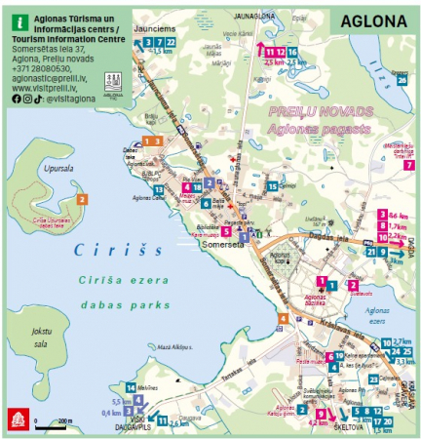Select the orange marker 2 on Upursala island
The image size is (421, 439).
pyautogui.click(x=83, y=199)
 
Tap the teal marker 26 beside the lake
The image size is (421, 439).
pyautogui.click(x=401, y=82)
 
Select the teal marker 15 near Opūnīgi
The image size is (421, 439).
pyautogui.click(x=273, y=186)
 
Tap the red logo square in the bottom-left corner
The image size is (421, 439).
pyautogui.click(x=17, y=418)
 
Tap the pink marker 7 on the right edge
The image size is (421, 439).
pyautogui.click(x=408, y=165)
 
